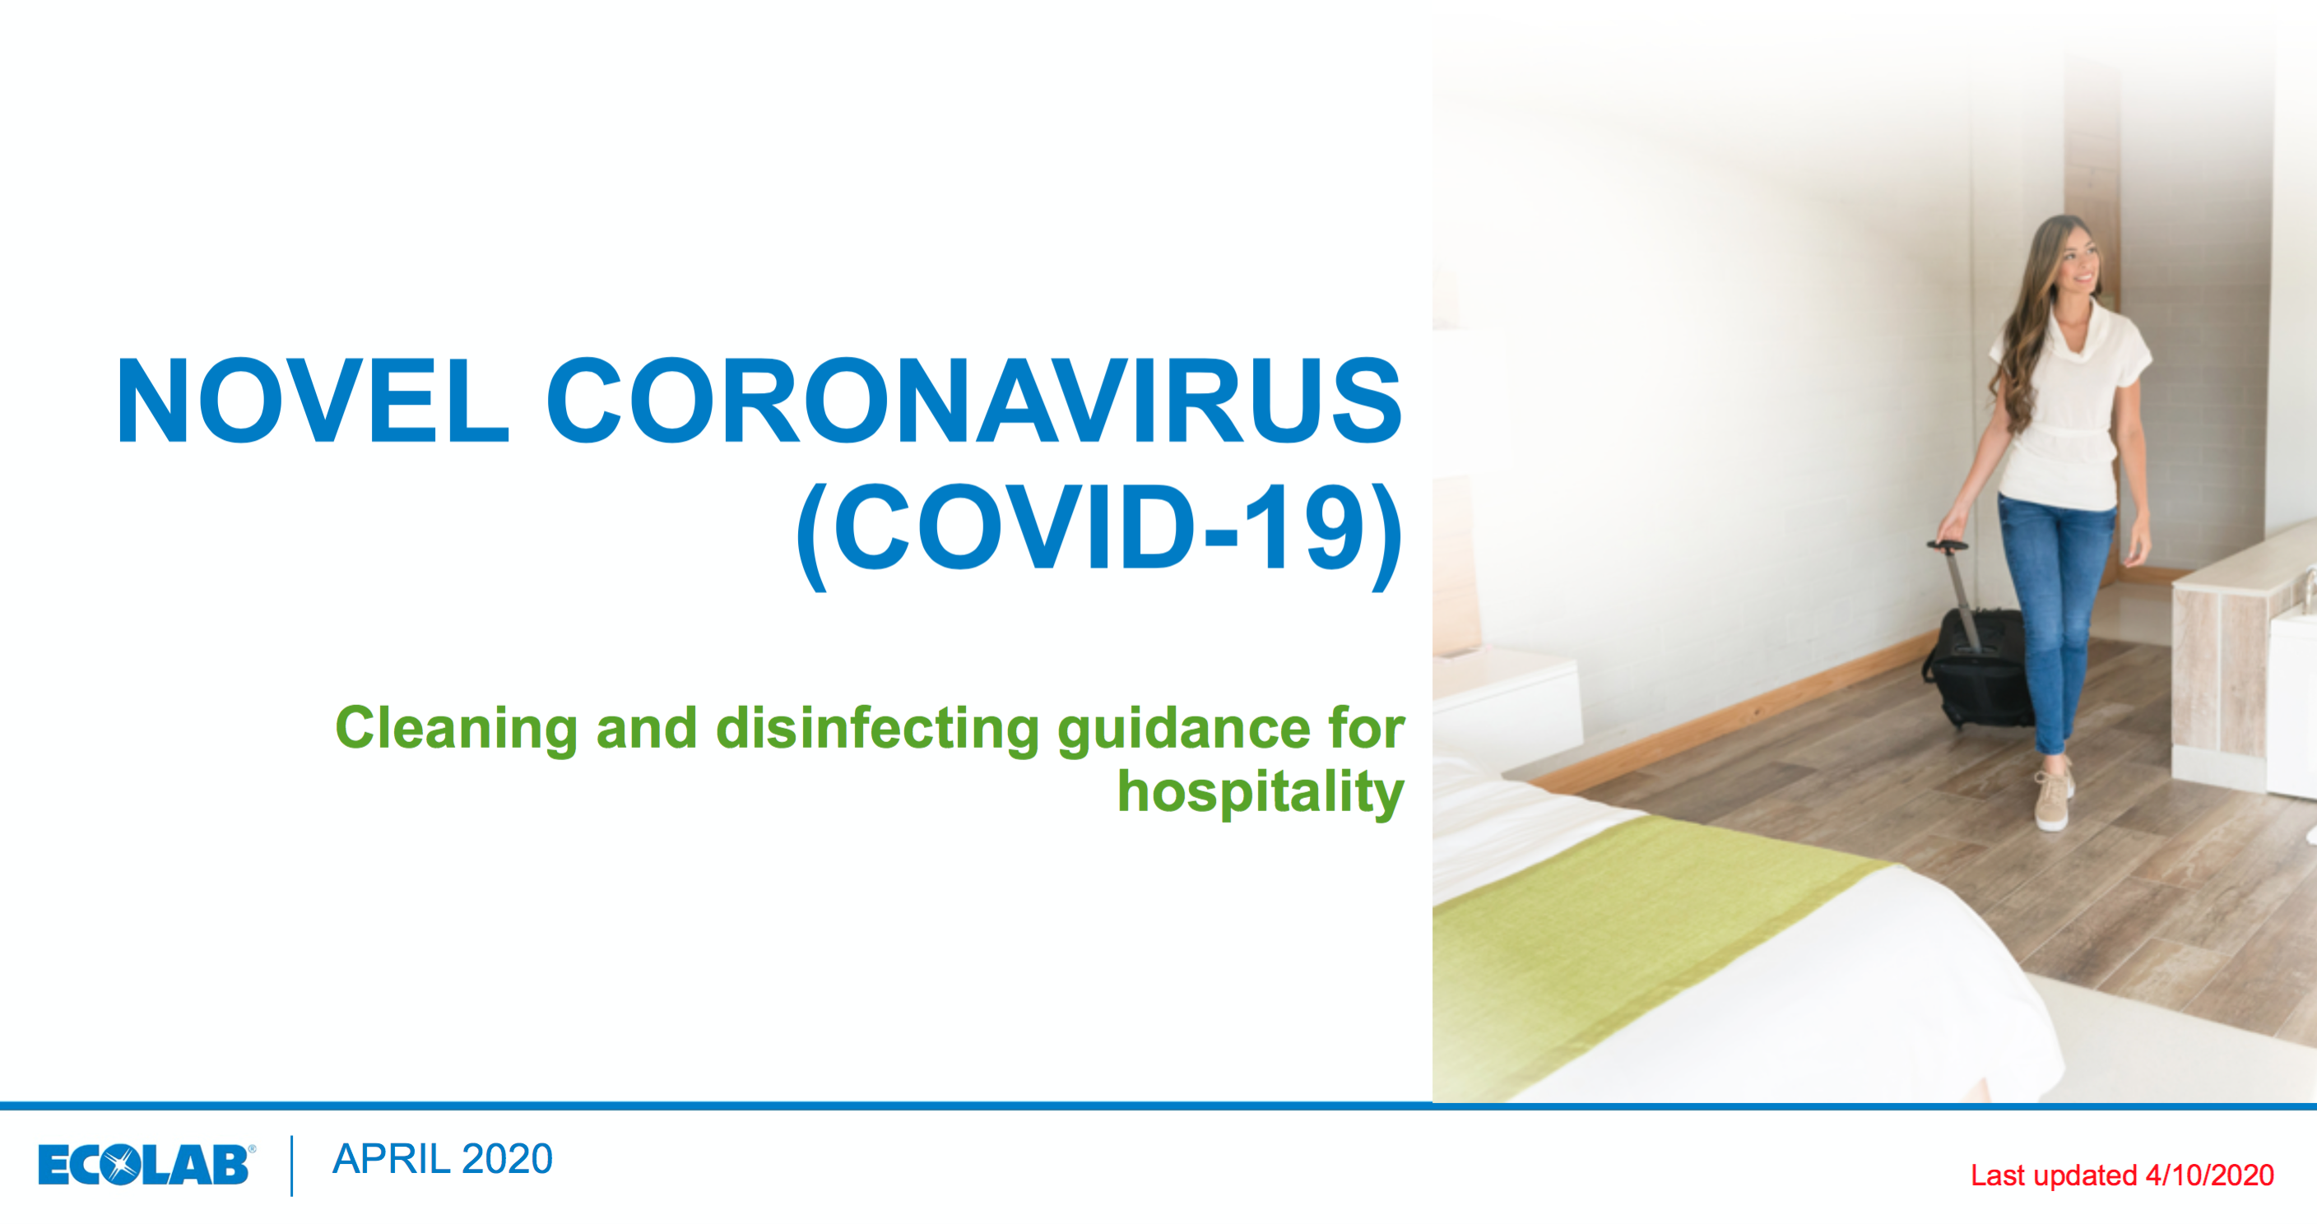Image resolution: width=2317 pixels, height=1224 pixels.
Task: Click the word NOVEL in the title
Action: [312, 401]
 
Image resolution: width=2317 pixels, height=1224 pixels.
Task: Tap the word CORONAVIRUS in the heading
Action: [974, 401]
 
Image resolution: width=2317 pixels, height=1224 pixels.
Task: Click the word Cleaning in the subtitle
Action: [456, 729]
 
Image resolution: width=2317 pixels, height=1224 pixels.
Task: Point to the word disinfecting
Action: [877, 729]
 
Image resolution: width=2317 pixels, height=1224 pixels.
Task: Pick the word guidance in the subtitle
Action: [1184, 729]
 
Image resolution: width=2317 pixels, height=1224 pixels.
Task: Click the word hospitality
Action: [1261, 792]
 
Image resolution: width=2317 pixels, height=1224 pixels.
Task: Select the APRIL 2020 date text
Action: [443, 1158]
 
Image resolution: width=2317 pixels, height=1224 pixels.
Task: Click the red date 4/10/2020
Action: [2210, 1175]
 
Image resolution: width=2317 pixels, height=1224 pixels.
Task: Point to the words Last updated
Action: [2054, 1175]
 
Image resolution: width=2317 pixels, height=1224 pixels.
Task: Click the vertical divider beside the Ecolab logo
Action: [292, 1166]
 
